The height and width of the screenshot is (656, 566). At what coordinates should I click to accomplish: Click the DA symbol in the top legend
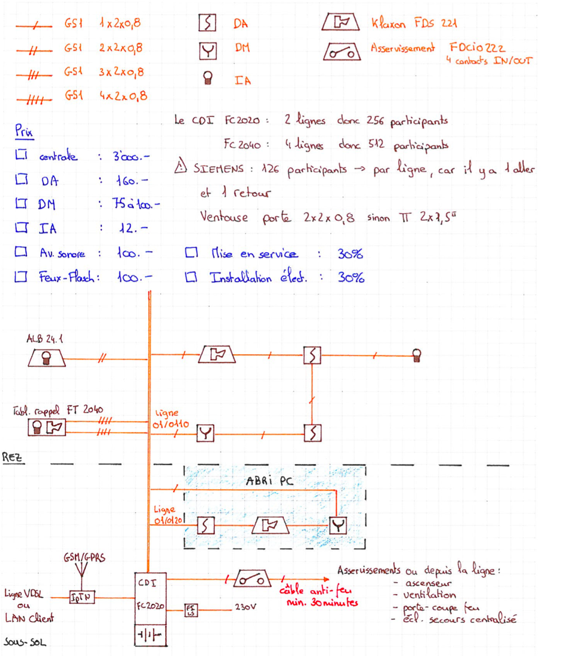(207, 23)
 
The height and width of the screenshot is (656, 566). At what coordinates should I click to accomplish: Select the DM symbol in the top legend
(207, 51)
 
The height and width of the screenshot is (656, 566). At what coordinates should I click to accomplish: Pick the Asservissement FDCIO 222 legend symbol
(342, 52)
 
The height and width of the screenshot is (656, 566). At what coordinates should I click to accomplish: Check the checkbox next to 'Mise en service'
(191, 253)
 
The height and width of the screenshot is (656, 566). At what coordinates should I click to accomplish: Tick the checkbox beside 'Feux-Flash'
(22, 277)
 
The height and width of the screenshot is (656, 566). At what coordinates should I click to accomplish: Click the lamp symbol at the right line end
(416, 355)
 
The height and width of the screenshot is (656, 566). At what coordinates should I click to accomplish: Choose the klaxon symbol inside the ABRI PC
(270, 526)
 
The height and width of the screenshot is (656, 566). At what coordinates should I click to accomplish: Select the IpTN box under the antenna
(80, 597)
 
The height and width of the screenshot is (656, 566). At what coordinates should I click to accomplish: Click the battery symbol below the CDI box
(147, 634)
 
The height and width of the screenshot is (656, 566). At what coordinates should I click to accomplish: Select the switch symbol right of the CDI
(251, 580)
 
